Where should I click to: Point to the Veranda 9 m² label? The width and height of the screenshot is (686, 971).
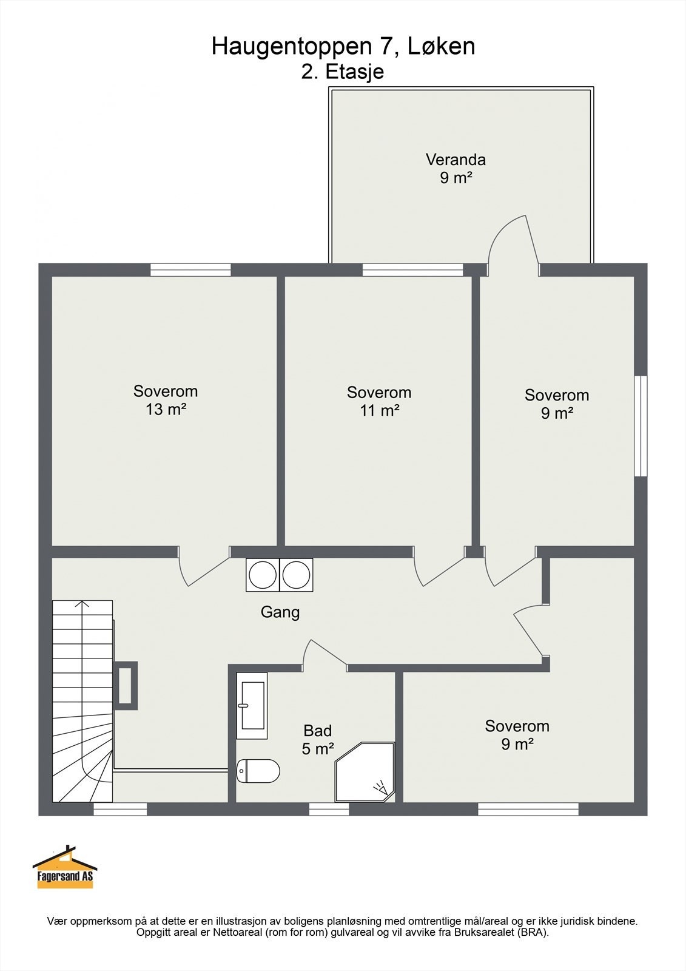point(456,169)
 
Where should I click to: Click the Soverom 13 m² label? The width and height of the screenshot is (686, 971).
point(166,400)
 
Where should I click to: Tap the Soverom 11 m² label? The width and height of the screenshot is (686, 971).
point(379,401)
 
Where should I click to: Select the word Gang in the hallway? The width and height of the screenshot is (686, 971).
point(280,612)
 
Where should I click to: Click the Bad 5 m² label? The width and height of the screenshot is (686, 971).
point(318,740)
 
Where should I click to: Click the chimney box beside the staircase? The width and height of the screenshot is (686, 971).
point(125,686)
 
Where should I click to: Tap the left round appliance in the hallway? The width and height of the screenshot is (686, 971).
point(263,575)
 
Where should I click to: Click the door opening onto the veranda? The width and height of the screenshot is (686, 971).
point(514,245)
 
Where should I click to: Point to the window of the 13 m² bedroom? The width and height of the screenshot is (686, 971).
point(190,269)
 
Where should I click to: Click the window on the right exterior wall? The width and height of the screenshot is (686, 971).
point(641,426)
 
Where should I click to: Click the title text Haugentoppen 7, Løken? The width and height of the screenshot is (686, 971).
point(343,46)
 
